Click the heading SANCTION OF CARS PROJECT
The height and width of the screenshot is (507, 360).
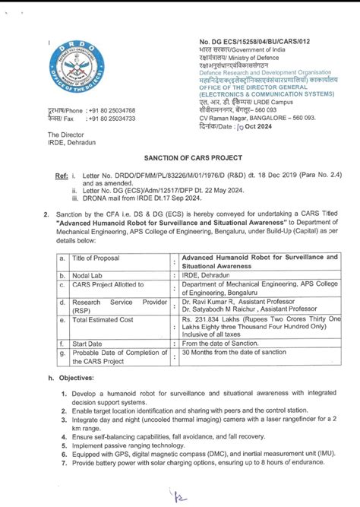coord(179,154)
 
